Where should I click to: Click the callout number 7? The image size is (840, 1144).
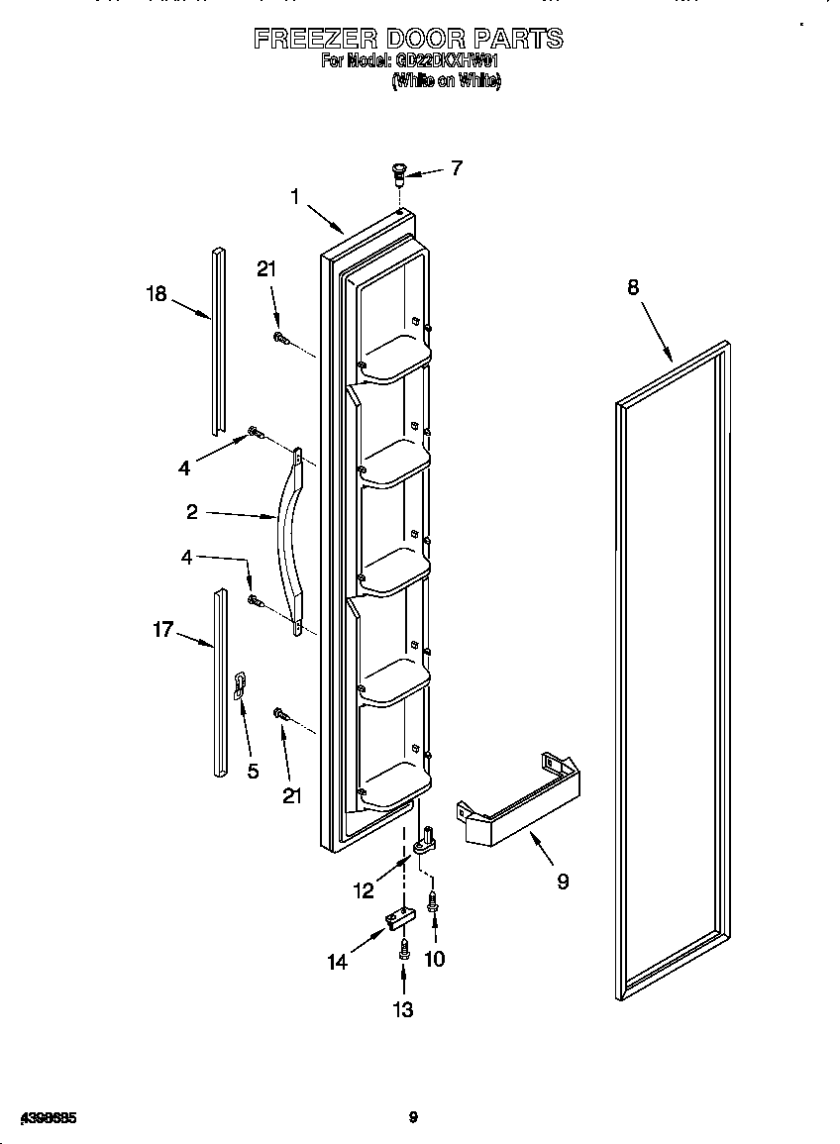(x=456, y=167)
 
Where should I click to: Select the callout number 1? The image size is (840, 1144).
(x=294, y=197)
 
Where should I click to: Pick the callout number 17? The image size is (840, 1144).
(x=163, y=628)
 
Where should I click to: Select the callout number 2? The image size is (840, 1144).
(x=192, y=512)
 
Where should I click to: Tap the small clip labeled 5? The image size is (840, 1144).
(x=239, y=685)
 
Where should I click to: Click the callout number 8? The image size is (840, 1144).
(x=633, y=287)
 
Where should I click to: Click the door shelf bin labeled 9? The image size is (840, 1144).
(x=518, y=805)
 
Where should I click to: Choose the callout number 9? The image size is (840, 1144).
(x=563, y=882)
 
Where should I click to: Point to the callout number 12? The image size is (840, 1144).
(x=364, y=890)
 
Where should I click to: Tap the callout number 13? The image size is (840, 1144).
(x=402, y=1009)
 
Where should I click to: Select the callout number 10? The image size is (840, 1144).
(x=434, y=958)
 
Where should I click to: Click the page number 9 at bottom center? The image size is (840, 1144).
(x=413, y=1117)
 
